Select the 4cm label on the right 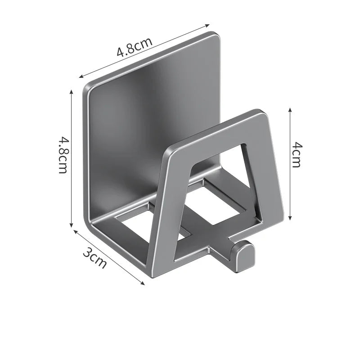tap(296, 154)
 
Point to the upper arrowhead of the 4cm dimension tap(290, 109)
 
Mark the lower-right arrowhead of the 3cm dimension tap(143, 283)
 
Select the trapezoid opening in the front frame tap(219, 182)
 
